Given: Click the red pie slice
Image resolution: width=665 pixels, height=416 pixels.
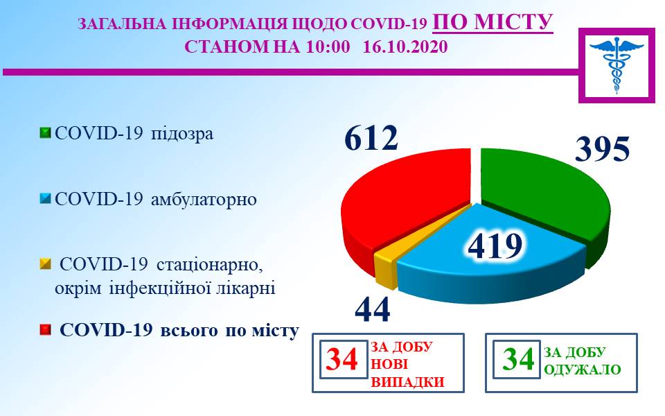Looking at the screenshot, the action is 403,200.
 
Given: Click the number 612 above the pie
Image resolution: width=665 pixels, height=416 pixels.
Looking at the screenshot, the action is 371,137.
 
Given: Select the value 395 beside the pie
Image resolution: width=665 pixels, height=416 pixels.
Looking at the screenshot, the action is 602,148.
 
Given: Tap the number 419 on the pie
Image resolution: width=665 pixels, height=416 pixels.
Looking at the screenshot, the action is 495,245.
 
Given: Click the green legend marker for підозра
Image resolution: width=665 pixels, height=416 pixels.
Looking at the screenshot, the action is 45,133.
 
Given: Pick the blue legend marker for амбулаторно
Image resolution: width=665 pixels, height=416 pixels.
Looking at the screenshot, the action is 45,198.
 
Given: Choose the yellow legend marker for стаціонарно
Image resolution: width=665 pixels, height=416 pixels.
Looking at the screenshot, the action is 45,264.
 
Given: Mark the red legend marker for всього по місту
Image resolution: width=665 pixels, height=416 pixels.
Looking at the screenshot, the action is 45,330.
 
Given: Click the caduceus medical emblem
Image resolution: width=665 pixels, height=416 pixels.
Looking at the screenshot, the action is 617,64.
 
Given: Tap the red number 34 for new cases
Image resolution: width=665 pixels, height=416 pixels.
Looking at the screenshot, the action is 342,359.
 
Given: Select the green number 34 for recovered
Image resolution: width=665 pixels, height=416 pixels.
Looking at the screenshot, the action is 518,359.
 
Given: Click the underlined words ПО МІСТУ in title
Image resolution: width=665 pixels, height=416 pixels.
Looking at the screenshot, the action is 493,22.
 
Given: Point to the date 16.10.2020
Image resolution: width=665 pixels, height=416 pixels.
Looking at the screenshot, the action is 405,46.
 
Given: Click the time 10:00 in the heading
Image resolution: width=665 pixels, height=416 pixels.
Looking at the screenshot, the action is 328,46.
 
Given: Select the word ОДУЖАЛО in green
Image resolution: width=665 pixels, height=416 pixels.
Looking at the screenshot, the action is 583,370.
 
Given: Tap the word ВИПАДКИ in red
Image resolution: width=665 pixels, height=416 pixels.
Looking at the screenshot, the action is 407,381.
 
